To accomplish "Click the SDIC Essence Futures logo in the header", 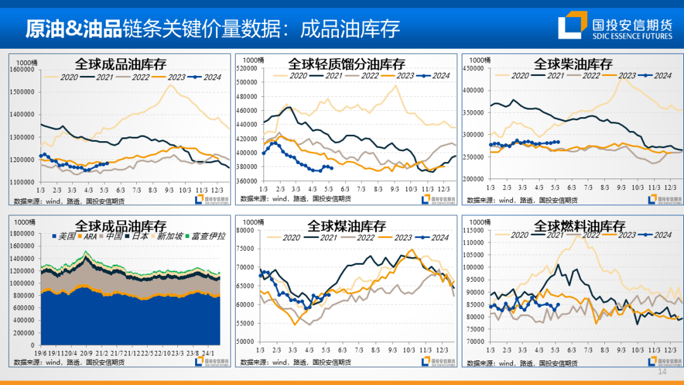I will tap(615, 27).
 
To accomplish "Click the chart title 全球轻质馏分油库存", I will tap(346, 64).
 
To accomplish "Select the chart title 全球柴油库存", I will tap(573, 64).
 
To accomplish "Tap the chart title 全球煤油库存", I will tap(346, 226).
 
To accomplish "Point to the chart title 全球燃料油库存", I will tap(579, 226).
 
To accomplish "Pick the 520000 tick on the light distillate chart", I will tap(246, 68).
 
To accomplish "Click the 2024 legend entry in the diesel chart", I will tap(659, 76).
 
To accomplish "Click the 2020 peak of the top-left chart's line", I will tap(170, 85).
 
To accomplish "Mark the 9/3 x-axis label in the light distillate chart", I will tap(394, 189).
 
